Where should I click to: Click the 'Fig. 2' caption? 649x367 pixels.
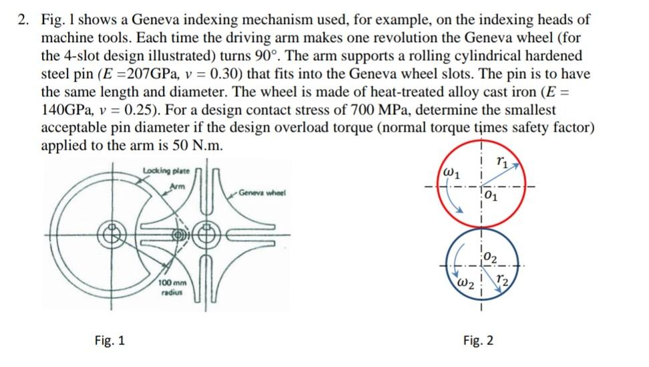479,341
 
